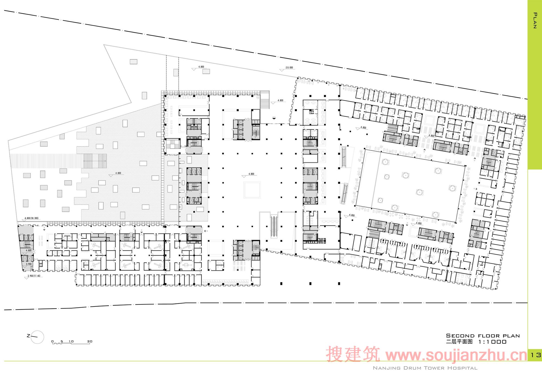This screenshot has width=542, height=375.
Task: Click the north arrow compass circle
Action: pos(37,337)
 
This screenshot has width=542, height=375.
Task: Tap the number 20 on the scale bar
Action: pos(90,341)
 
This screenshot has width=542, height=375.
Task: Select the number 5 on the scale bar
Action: pos(62,341)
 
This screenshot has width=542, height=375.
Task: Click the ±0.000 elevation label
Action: pos(289,68)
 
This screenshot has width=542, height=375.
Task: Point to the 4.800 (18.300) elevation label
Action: pos(31,218)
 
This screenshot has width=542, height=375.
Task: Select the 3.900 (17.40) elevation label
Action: pos(34,276)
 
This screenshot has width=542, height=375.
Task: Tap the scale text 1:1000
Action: pos(492,342)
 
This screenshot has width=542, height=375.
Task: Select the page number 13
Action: pos(535,355)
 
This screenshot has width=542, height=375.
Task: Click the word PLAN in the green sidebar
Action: pos(535,21)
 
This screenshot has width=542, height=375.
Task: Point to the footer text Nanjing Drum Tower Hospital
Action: pos(425,368)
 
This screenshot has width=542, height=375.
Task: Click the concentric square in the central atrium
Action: pos(252,190)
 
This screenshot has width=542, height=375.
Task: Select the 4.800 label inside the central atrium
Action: pos(251,174)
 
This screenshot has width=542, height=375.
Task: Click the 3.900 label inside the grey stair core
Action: pos(28,264)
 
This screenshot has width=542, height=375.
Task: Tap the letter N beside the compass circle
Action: pos(28,336)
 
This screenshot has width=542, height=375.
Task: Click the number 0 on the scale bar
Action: pos(53,341)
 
